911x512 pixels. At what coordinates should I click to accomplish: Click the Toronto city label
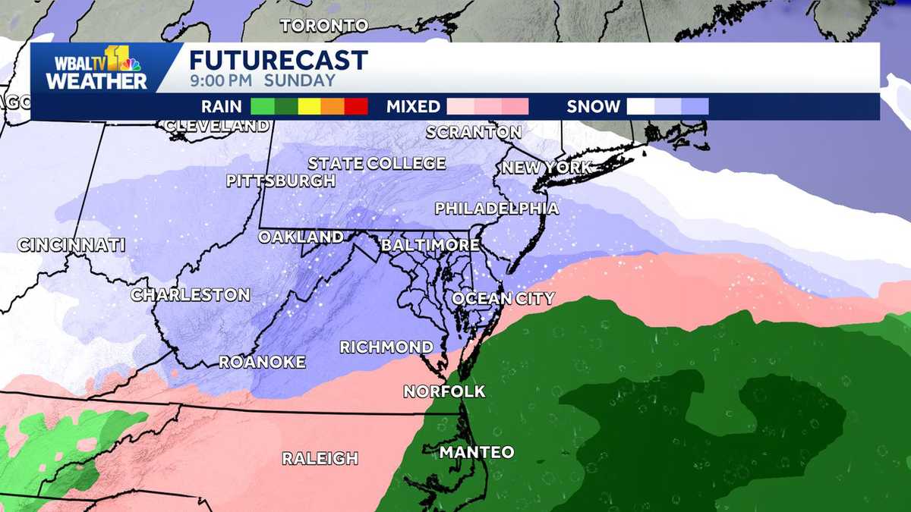tap(324, 26)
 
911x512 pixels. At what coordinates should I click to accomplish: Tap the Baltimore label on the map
tap(430, 245)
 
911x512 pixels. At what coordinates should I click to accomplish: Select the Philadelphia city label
tap(496, 208)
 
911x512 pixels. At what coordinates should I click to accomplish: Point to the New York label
tap(546, 168)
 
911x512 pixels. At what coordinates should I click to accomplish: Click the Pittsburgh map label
tap(281, 181)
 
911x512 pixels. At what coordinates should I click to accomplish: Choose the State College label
tap(377, 163)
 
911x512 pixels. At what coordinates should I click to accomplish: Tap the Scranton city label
tap(474, 132)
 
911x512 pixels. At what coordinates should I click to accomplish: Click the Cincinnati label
tap(71, 245)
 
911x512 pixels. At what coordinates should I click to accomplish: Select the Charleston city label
tap(191, 294)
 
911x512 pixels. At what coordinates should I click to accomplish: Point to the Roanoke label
tap(262, 362)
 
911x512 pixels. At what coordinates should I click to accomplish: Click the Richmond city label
tap(386, 347)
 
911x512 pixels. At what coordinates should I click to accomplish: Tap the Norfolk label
tap(444, 391)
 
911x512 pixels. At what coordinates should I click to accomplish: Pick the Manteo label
tap(477, 452)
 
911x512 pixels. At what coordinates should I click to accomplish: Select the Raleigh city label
tap(320, 458)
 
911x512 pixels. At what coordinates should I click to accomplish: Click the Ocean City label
tap(503, 298)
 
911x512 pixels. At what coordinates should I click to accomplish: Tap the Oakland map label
tap(301, 237)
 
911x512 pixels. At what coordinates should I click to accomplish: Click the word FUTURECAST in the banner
tap(279, 60)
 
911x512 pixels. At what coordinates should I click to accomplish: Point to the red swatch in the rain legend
tap(356, 107)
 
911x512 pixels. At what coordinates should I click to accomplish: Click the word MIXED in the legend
tap(413, 107)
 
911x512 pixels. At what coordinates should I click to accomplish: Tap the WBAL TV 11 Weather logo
tap(97, 68)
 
